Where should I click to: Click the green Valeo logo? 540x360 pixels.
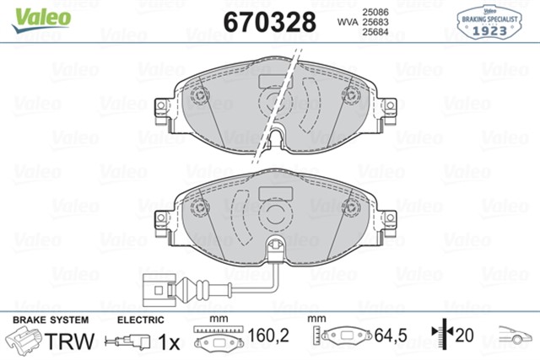(x=41, y=19)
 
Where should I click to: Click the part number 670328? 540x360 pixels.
(x=270, y=22)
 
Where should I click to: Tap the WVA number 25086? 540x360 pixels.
(x=375, y=12)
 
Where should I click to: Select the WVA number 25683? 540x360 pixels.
(x=375, y=22)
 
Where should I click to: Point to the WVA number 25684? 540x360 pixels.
(x=375, y=32)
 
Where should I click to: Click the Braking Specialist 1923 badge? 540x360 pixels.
(x=489, y=22)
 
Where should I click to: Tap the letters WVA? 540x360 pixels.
(x=348, y=23)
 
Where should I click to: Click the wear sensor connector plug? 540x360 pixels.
(x=159, y=290)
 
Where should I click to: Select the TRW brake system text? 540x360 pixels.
(x=69, y=341)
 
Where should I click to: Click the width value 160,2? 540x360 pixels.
(x=268, y=336)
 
